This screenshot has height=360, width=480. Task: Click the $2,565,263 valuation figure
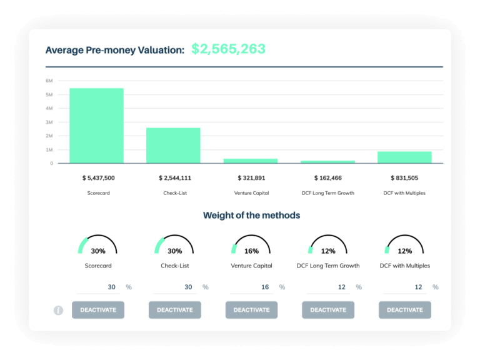coord(228,49)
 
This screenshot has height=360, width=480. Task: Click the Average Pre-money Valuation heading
coord(114,50)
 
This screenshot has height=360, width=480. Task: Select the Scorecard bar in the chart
coord(96,126)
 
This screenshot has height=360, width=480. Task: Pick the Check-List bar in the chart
coord(173,146)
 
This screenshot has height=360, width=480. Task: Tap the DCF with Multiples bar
coord(404,157)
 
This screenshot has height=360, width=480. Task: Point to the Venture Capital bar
coord(251,161)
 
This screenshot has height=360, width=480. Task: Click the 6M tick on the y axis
coord(49,81)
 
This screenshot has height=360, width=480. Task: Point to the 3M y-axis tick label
coord(49,122)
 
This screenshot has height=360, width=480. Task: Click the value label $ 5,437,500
coord(98,178)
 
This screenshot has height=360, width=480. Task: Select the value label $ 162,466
coord(328,178)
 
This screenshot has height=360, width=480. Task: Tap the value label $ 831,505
coord(404,178)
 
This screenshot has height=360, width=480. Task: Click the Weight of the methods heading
coord(251,216)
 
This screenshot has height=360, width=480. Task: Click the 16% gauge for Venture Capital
coord(251,246)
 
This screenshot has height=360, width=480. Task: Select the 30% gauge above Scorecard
coord(98,246)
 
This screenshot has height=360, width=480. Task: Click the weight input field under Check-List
coord(174,287)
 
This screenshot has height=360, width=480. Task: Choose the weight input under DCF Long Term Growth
coord(328,287)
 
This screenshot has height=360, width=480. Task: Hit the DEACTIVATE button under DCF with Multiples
coord(404,310)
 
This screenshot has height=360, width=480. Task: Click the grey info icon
coord(58,310)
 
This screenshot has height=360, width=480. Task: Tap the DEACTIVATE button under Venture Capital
coord(251,310)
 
